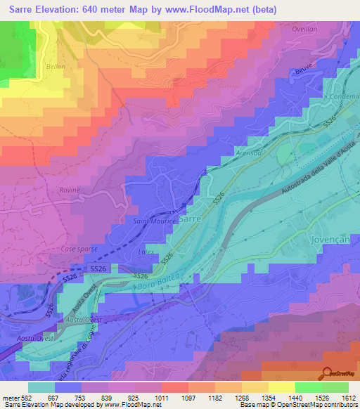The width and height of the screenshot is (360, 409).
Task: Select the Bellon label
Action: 55,66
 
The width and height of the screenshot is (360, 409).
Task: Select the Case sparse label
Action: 79,249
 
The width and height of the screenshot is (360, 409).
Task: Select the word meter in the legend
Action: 9,398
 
